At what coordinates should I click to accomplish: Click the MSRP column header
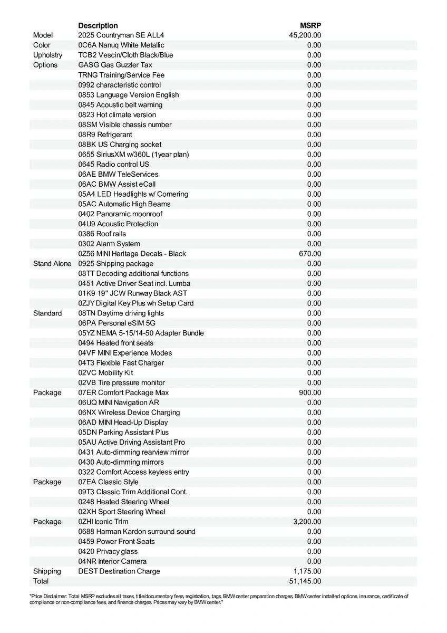coord(310,25)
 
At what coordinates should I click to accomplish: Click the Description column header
coord(98,25)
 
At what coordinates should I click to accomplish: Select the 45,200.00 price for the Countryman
coord(305,35)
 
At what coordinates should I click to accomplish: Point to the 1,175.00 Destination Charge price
coord(307,571)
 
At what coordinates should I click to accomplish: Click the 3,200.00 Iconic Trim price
coord(307,522)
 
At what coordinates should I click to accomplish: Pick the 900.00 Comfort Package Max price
coord(310,392)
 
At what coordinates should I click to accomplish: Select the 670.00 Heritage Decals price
coord(310,254)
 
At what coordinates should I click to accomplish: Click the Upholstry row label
coord(47,55)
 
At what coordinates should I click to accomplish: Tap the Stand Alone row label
coord(52,264)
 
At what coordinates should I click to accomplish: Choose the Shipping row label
coord(47,571)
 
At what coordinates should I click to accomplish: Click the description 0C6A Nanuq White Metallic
coord(121,45)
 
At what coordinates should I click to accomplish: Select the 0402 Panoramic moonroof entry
coord(120,214)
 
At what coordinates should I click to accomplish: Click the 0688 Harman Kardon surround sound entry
coord(137,532)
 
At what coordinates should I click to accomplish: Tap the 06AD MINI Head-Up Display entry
coord(123,423)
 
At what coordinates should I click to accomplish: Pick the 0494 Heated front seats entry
coord(116,343)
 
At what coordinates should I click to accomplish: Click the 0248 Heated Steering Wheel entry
coord(124,502)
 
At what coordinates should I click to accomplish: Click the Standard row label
coord(47,313)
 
